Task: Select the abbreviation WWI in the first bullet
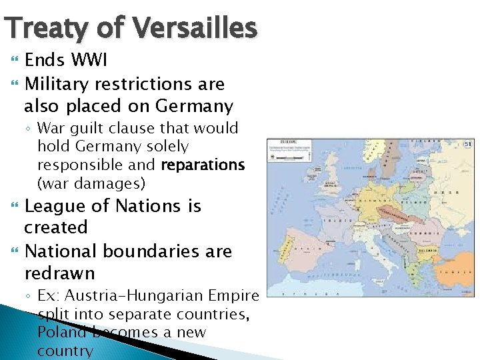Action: [89, 61]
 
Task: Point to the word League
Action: [61, 206]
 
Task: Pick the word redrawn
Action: [59, 273]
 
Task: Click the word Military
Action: [57, 84]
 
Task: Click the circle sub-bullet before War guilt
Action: [30, 129]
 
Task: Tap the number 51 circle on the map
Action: [468, 145]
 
